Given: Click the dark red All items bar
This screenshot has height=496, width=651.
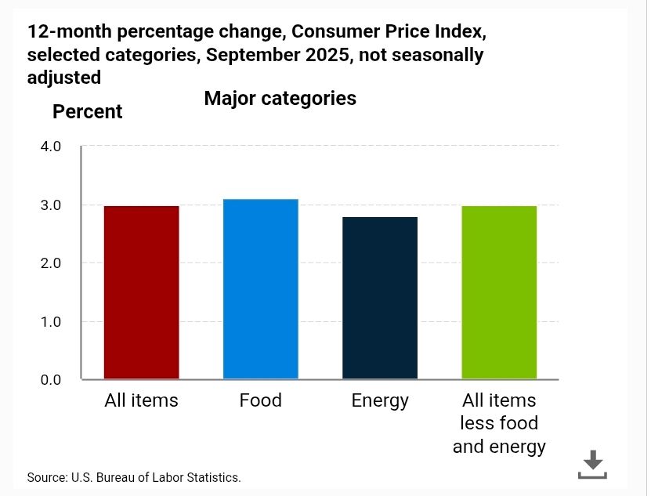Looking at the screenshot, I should point(141,292).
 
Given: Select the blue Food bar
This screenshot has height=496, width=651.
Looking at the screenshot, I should point(260,289).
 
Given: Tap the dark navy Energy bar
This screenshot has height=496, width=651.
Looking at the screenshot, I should point(380,298).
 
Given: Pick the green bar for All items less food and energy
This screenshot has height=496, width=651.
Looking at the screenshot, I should point(499,292).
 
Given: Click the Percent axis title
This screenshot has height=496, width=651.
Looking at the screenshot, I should point(87,112).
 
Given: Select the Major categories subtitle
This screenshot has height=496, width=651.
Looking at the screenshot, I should point(280,99).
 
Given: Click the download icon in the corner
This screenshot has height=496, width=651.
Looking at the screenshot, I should point(592,465).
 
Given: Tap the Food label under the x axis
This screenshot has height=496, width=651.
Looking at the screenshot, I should point(260,400).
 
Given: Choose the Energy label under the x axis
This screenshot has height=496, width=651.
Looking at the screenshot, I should point(380,400).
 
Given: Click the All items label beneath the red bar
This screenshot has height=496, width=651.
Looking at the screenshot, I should point(141,400).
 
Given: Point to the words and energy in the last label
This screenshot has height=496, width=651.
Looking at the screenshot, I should point(499,447).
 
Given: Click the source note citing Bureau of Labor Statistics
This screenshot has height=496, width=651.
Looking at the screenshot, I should point(133,477).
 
